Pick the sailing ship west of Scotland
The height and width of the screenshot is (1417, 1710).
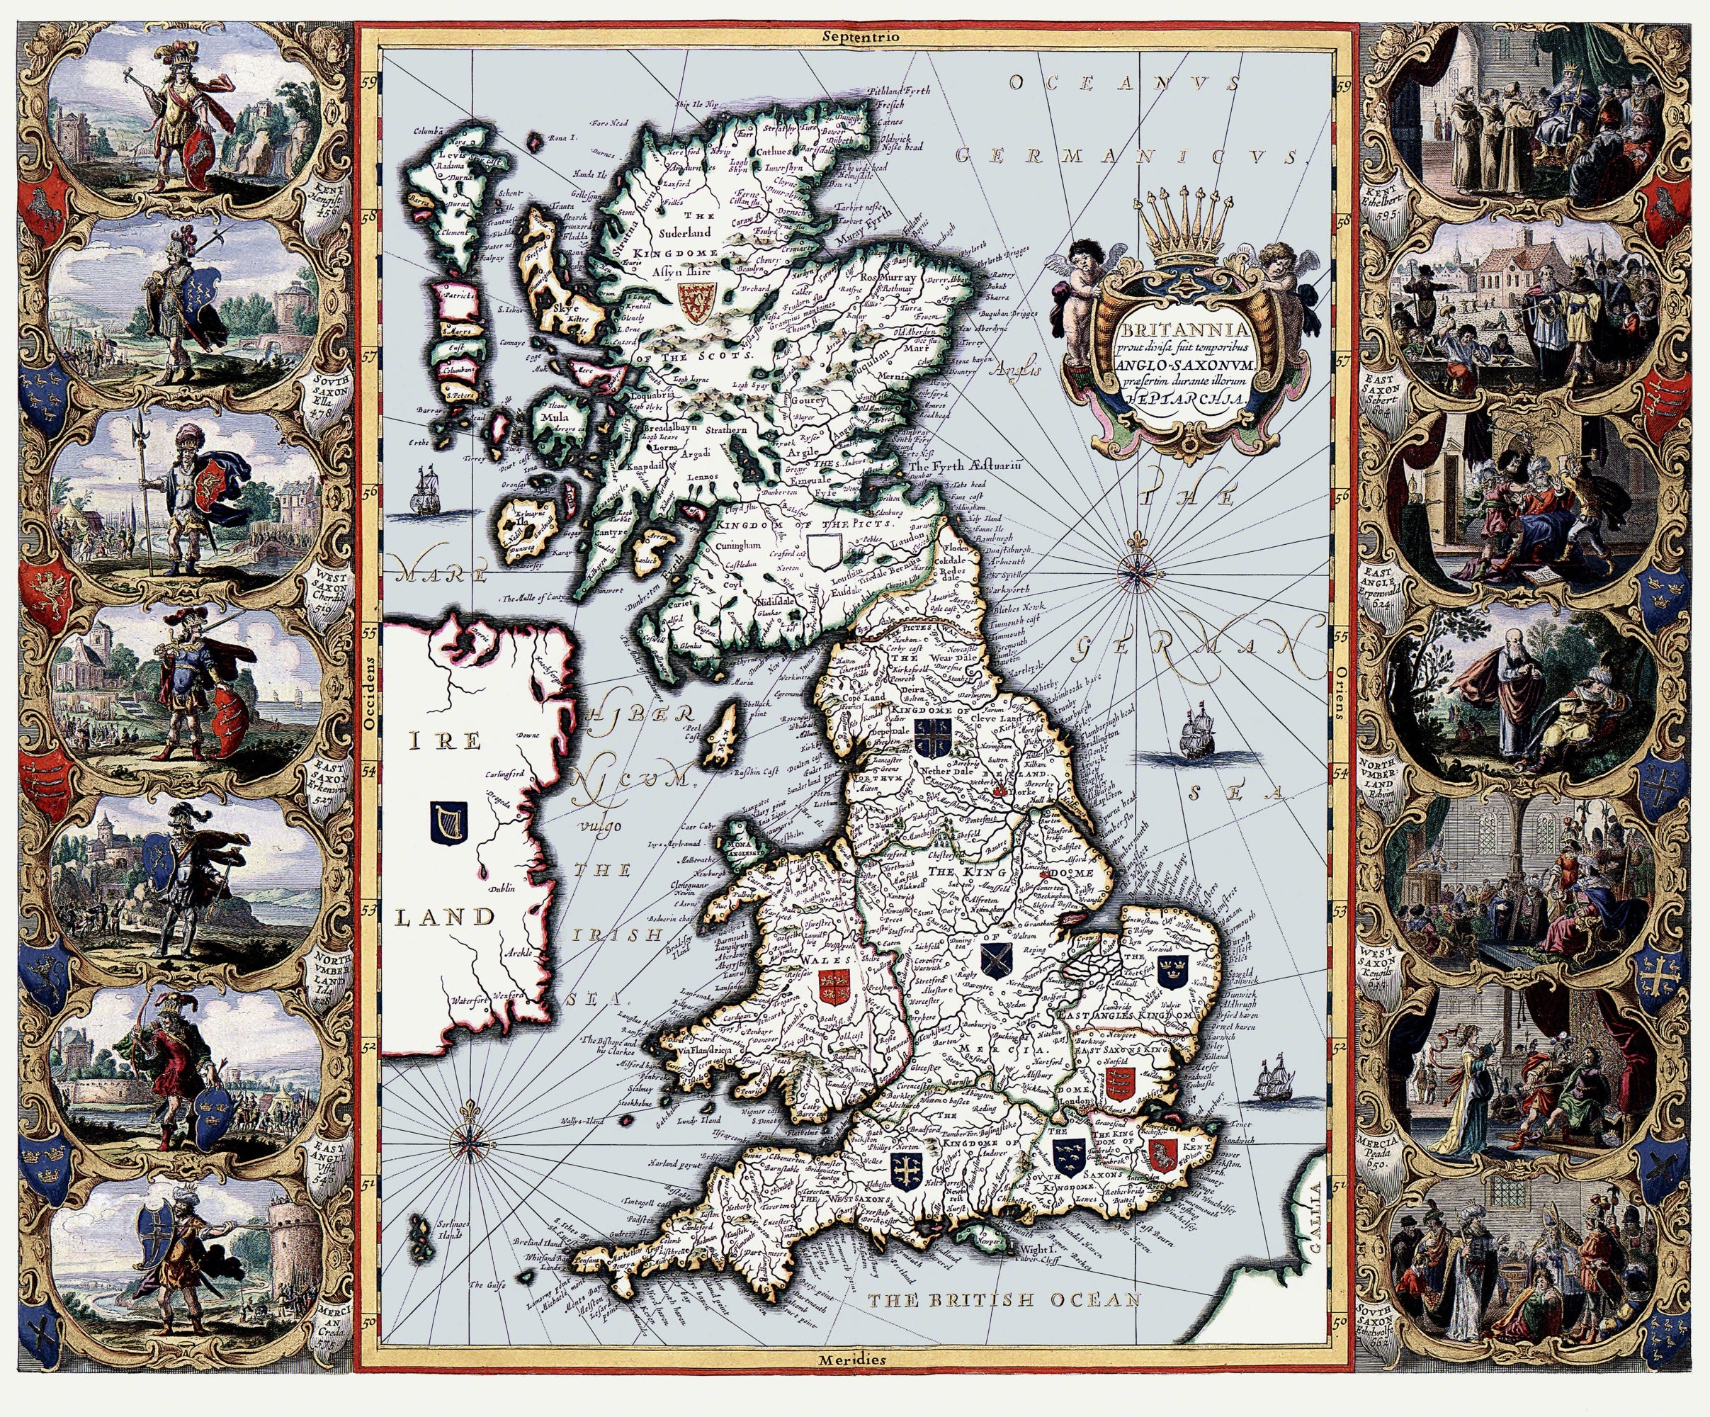[x=424, y=490]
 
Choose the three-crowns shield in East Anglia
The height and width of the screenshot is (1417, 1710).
[x=1172, y=971]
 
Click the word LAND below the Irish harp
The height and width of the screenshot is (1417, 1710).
[x=445, y=917]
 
